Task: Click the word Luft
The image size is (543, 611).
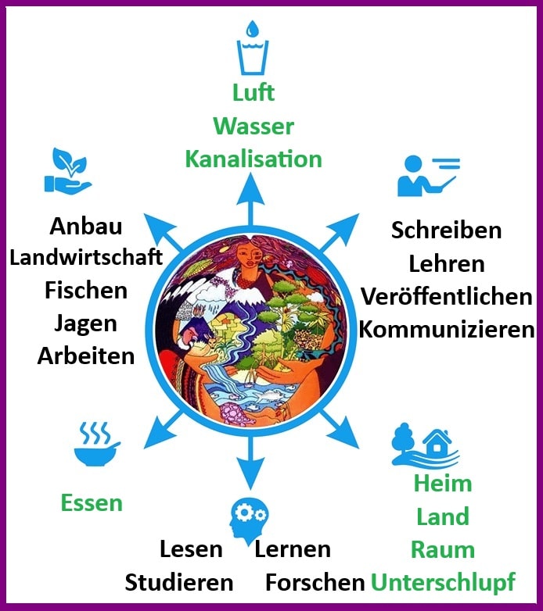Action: [254, 92]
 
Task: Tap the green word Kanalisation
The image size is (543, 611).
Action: [254, 159]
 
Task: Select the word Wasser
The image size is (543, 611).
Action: [254, 126]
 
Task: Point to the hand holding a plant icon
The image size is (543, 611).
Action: [68, 170]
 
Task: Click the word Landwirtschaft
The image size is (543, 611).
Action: [86, 257]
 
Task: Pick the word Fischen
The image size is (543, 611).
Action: [86, 290]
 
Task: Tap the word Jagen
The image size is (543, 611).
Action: [86, 323]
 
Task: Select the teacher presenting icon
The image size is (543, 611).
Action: [427, 175]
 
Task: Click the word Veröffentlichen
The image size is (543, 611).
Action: [446, 297]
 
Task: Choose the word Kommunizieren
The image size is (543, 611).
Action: [446, 329]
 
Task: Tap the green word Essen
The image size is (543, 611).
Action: [92, 502]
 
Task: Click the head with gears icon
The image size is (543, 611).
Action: [248, 520]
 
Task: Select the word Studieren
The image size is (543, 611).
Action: [179, 582]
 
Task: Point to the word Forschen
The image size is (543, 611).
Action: [315, 582]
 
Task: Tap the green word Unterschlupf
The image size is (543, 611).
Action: [443, 582]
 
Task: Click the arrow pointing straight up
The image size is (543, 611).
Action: [251, 195]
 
